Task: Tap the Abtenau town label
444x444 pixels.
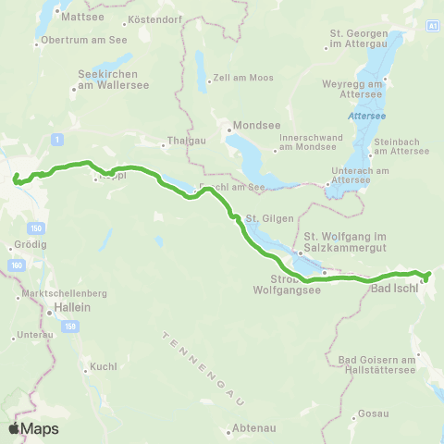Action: click(x=251, y=429)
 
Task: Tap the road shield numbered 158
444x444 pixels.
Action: click(x=70, y=326)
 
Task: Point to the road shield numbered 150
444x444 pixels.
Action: click(x=36, y=228)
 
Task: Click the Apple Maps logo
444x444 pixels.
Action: click(x=33, y=428)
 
